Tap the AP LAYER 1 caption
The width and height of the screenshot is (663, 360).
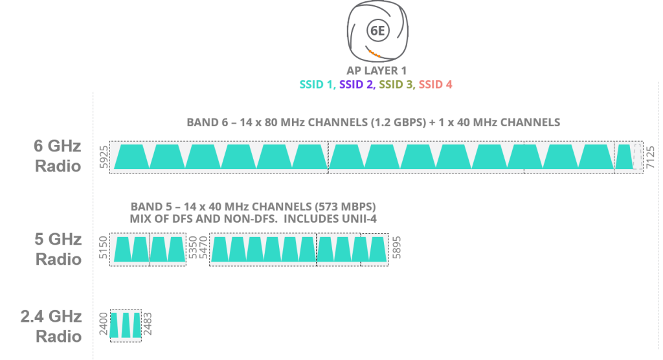[x=376, y=71]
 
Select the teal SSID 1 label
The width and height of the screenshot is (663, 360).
[x=317, y=84]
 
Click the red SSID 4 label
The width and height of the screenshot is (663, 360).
[x=436, y=84]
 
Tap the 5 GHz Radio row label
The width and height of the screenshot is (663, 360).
[x=58, y=249]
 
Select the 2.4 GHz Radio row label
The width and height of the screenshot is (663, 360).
[x=51, y=326]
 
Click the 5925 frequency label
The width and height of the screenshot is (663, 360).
[x=103, y=157]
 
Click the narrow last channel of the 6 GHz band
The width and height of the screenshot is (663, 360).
[x=624, y=157]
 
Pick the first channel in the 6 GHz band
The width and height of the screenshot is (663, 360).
[x=131, y=157]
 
